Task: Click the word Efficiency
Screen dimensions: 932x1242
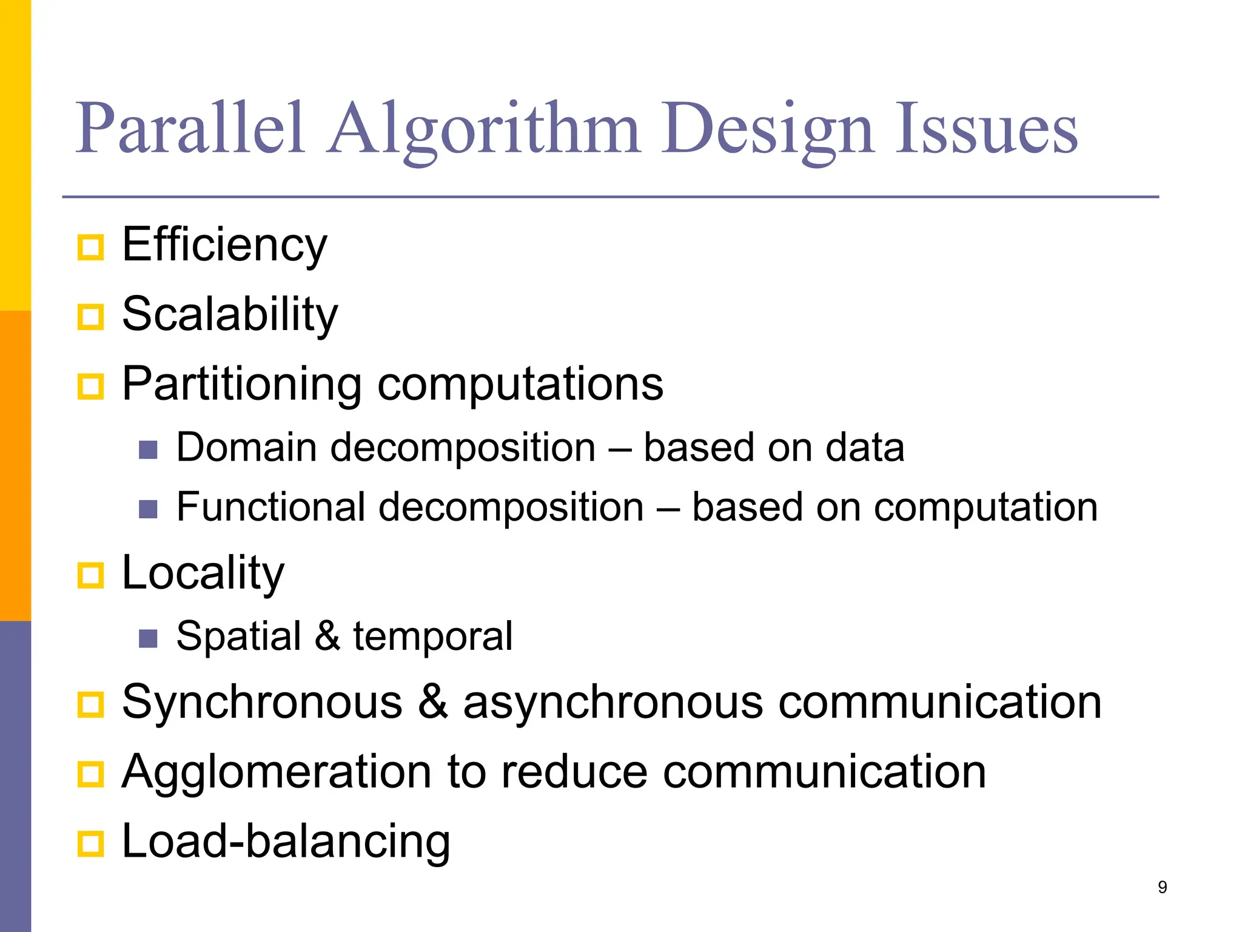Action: [x=224, y=245]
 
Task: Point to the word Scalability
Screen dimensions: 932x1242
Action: [x=230, y=315]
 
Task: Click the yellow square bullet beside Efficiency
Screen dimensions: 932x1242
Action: [x=91, y=247]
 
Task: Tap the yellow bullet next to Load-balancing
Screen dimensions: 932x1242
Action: [x=91, y=843]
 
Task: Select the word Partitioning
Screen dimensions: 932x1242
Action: [x=242, y=384]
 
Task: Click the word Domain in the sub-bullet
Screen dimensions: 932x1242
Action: [x=246, y=448]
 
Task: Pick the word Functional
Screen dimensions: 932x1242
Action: [x=271, y=507]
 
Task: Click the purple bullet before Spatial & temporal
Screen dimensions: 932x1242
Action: [x=148, y=638]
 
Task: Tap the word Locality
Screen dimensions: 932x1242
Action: [x=203, y=573]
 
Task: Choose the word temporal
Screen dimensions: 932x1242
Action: [x=433, y=637]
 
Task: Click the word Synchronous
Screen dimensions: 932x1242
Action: [x=262, y=703]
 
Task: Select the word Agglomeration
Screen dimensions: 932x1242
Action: [x=277, y=772]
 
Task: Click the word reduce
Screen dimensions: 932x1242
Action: [x=574, y=772]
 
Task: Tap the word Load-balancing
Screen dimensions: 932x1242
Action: [x=286, y=842]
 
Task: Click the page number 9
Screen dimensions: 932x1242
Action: [x=1162, y=887]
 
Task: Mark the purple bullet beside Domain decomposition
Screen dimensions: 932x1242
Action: [x=148, y=450]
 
